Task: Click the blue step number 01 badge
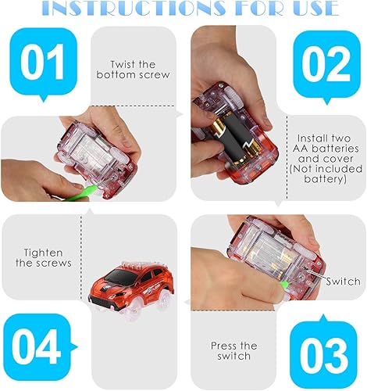pos(45,65)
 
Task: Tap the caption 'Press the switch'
pos(234,350)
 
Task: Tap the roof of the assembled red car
pos(148,262)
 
